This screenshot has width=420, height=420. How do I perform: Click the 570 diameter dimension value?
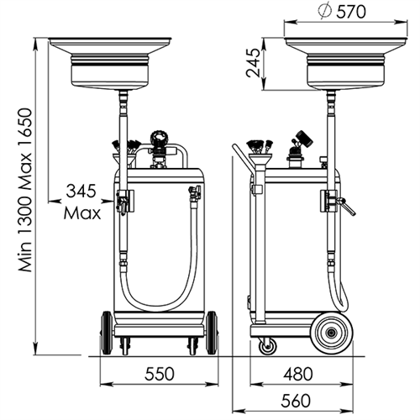[351, 12]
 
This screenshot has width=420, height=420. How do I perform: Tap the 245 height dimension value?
[253, 63]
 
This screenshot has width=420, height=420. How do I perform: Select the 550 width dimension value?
[160, 374]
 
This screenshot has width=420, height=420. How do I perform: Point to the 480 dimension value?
[297, 374]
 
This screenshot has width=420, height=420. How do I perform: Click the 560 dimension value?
[296, 401]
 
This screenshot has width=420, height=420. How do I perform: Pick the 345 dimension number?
[81, 191]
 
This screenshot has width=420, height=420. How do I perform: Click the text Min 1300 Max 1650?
[25, 190]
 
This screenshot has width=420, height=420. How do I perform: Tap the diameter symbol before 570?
[325, 12]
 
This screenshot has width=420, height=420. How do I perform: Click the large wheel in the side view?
[332, 333]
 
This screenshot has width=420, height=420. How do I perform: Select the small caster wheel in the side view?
[268, 347]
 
